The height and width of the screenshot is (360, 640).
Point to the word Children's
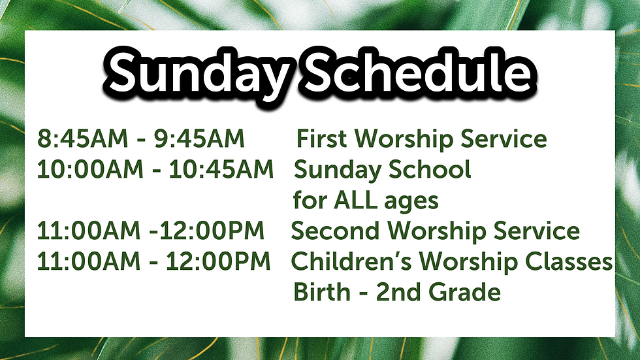click(351, 261)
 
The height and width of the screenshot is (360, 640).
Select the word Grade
click(464, 292)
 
